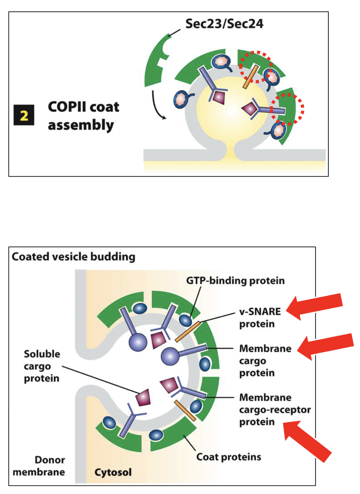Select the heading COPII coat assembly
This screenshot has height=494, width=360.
(83, 116)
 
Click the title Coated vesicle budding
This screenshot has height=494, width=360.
(74, 257)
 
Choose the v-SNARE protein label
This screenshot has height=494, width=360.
(259, 317)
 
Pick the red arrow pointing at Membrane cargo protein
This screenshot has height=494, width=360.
(325, 346)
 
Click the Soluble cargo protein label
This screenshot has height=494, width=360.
(42, 366)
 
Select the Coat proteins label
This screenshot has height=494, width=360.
(229, 456)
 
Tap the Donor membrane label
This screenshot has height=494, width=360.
(47, 466)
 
